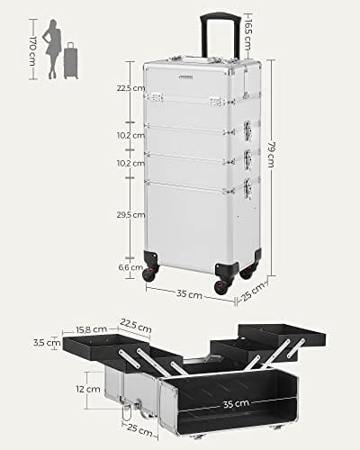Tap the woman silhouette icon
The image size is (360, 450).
click(55, 46)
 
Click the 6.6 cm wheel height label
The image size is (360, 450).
click(131, 267)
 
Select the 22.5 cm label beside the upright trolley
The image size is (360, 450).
click(128, 89)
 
